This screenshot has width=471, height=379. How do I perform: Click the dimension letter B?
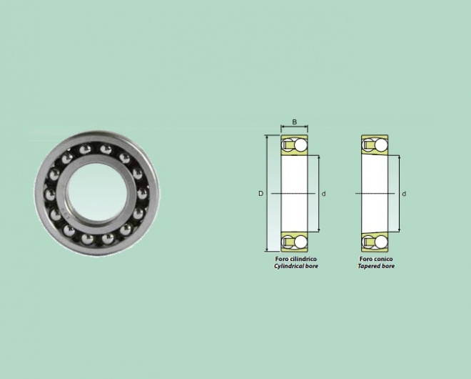pyautogui.click(x=295, y=122)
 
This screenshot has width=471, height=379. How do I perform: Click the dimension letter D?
pyautogui.click(x=260, y=194)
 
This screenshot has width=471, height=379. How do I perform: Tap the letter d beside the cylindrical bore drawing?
pyautogui.click(x=323, y=194)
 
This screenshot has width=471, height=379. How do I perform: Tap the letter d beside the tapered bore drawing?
pyautogui.click(x=404, y=194)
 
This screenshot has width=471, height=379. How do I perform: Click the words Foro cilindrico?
pyautogui.click(x=296, y=259)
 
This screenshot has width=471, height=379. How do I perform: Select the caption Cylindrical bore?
pyautogui.click(x=296, y=266)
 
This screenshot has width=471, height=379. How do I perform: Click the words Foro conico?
pyautogui.click(x=376, y=259)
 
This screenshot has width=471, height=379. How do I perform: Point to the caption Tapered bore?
pyautogui.click(x=376, y=266)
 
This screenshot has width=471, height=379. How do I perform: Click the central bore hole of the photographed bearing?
pyautogui.click(x=97, y=192)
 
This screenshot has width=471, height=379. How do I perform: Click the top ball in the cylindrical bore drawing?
pyautogui.click(x=300, y=144)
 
